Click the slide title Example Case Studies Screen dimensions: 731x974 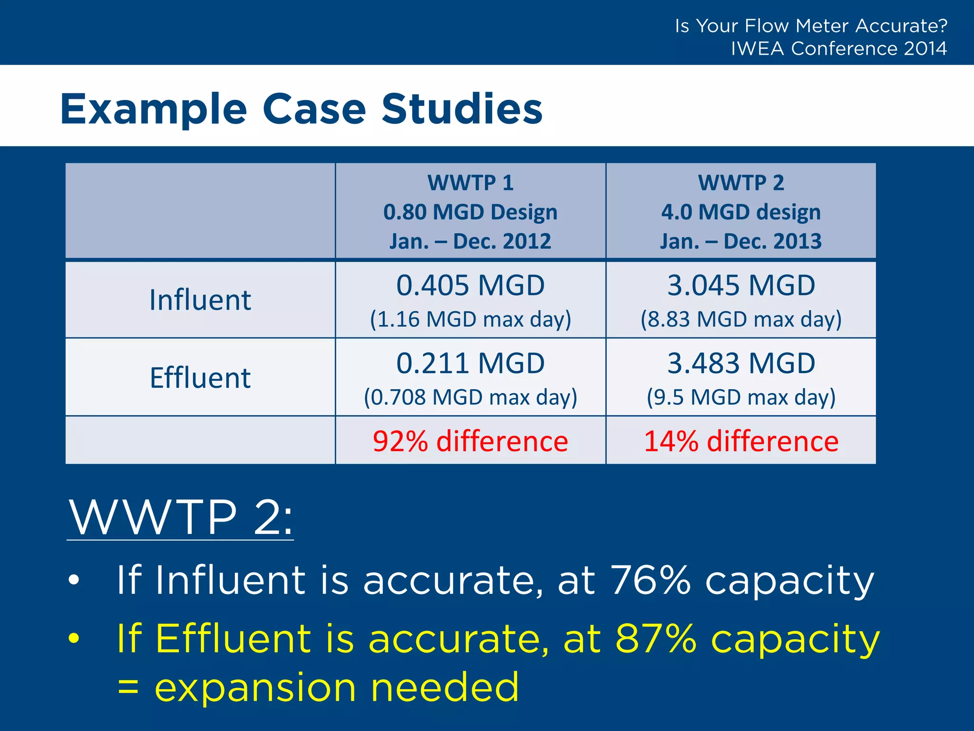pyautogui.click(x=301, y=109)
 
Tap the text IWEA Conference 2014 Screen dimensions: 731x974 pyautogui.click(x=838, y=49)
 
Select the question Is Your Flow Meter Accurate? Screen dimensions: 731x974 pyautogui.click(x=811, y=26)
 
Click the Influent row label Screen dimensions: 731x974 pyautogui.click(x=200, y=300)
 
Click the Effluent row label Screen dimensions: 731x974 pyautogui.click(x=200, y=378)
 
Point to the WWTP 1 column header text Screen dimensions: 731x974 pyautogui.click(x=470, y=183)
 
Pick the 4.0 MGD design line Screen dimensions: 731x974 pyautogui.click(x=740, y=212)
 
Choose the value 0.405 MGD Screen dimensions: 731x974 pyautogui.click(x=470, y=286)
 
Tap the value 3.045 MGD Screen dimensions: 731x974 pyautogui.click(x=741, y=286)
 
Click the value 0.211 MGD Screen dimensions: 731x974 pyautogui.click(x=470, y=364)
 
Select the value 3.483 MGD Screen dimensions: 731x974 pyautogui.click(x=741, y=364)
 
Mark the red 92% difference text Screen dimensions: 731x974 pyautogui.click(x=470, y=441)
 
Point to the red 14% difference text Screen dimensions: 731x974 pyautogui.click(x=741, y=441)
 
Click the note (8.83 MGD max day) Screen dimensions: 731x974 pyautogui.click(x=741, y=319)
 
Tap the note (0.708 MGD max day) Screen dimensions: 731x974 pyautogui.click(x=470, y=397)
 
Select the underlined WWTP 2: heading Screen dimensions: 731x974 pyautogui.click(x=181, y=517)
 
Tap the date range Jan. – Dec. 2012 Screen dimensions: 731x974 pyautogui.click(x=470, y=241)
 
